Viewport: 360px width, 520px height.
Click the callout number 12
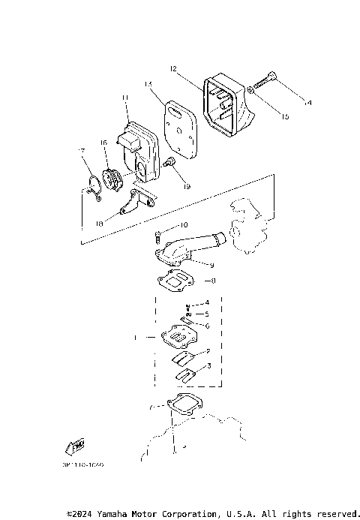click(172, 68)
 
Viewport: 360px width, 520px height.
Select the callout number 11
click(125, 98)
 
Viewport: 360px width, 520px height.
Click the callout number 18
click(100, 223)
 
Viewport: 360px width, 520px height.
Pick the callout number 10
click(184, 225)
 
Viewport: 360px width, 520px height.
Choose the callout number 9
click(212, 264)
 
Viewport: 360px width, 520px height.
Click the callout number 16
click(104, 141)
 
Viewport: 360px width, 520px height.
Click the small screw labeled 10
click(159, 236)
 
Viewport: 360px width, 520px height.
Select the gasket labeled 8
click(177, 283)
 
